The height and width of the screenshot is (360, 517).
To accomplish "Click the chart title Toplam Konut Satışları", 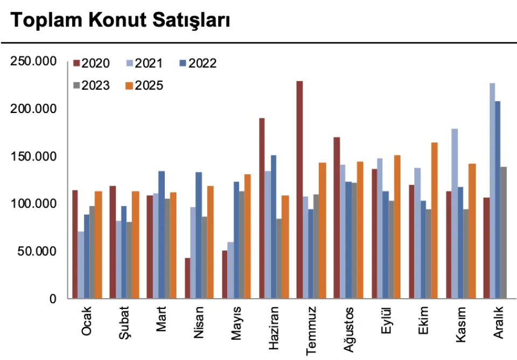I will [120, 21].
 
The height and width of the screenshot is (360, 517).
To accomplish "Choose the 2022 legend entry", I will [198, 63].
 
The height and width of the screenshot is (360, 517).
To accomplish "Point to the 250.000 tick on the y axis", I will [33, 61].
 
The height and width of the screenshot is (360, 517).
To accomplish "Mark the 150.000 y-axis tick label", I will [33, 157].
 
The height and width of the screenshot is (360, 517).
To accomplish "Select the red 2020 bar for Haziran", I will [262, 208].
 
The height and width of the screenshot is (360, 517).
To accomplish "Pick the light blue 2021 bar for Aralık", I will [492, 191].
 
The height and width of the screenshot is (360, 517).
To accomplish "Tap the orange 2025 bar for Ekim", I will [435, 221].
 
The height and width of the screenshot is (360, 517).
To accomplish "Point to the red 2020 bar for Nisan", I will [187, 278].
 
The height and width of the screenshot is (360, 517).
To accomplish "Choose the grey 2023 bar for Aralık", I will [504, 232].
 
